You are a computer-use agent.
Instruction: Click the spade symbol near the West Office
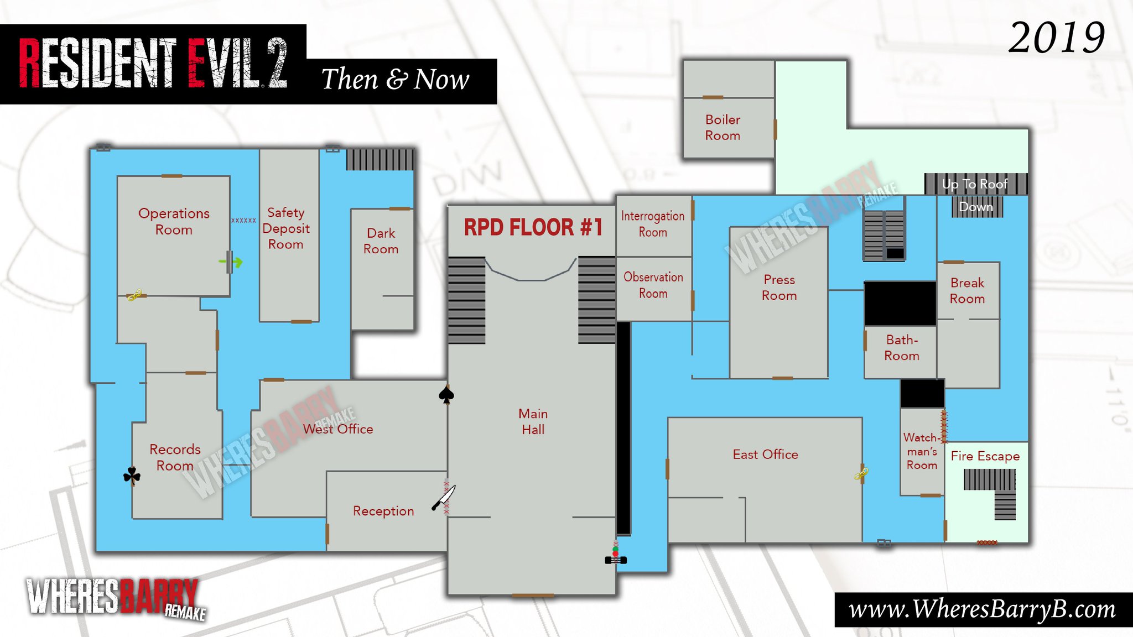[446, 394]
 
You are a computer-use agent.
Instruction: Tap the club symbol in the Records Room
[132, 475]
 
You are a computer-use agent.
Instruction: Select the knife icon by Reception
[444, 498]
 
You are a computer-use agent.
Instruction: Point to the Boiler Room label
[723, 128]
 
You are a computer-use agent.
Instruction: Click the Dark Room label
[381, 241]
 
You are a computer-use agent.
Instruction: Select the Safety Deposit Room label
[286, 228]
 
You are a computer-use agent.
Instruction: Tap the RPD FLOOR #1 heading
[532, 227]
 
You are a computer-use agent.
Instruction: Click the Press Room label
[779, 288]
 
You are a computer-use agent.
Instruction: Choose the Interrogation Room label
[653, 224]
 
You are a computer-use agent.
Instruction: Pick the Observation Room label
[653, 285]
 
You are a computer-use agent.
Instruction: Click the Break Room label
[967, 291]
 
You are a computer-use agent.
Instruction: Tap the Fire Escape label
[985, 456]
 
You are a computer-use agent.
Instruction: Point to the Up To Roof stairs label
[975, 184]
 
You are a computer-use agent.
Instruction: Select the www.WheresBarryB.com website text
[982, 609]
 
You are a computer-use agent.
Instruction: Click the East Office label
[765, 455]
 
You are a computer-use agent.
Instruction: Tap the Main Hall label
[533, 421]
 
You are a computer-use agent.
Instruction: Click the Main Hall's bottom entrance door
[533, 596]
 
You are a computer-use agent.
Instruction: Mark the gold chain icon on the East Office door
[861, 473]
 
